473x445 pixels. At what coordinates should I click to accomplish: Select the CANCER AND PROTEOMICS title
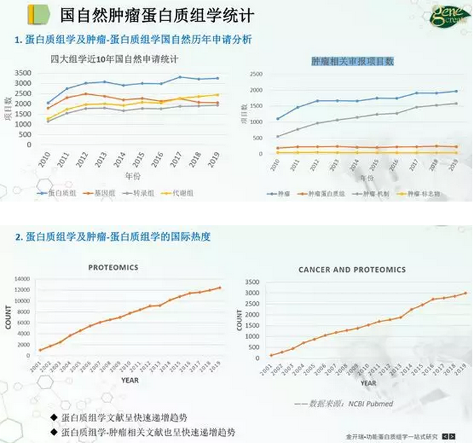[352, 269]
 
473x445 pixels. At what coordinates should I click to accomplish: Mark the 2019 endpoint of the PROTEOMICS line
[220, 287]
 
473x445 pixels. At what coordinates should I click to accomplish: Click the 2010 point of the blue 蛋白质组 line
[48, 103]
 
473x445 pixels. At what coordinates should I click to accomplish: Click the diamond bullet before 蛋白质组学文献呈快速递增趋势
[54, 416]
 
